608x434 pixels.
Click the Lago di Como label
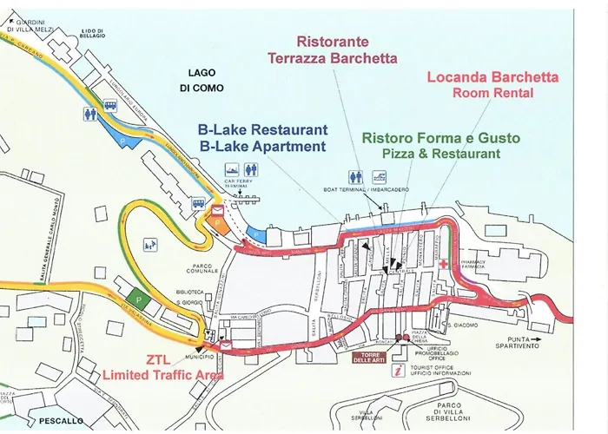(x=201, y=81)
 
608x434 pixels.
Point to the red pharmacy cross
(x=444, y=263)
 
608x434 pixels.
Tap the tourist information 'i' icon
(x=398, y=371)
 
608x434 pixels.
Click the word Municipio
(x=199, y=357)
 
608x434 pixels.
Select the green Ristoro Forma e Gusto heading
(x=440, y=138)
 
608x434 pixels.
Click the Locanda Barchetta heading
(x=492, y=77)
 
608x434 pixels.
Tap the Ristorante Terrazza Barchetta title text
(x=333, y=49)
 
